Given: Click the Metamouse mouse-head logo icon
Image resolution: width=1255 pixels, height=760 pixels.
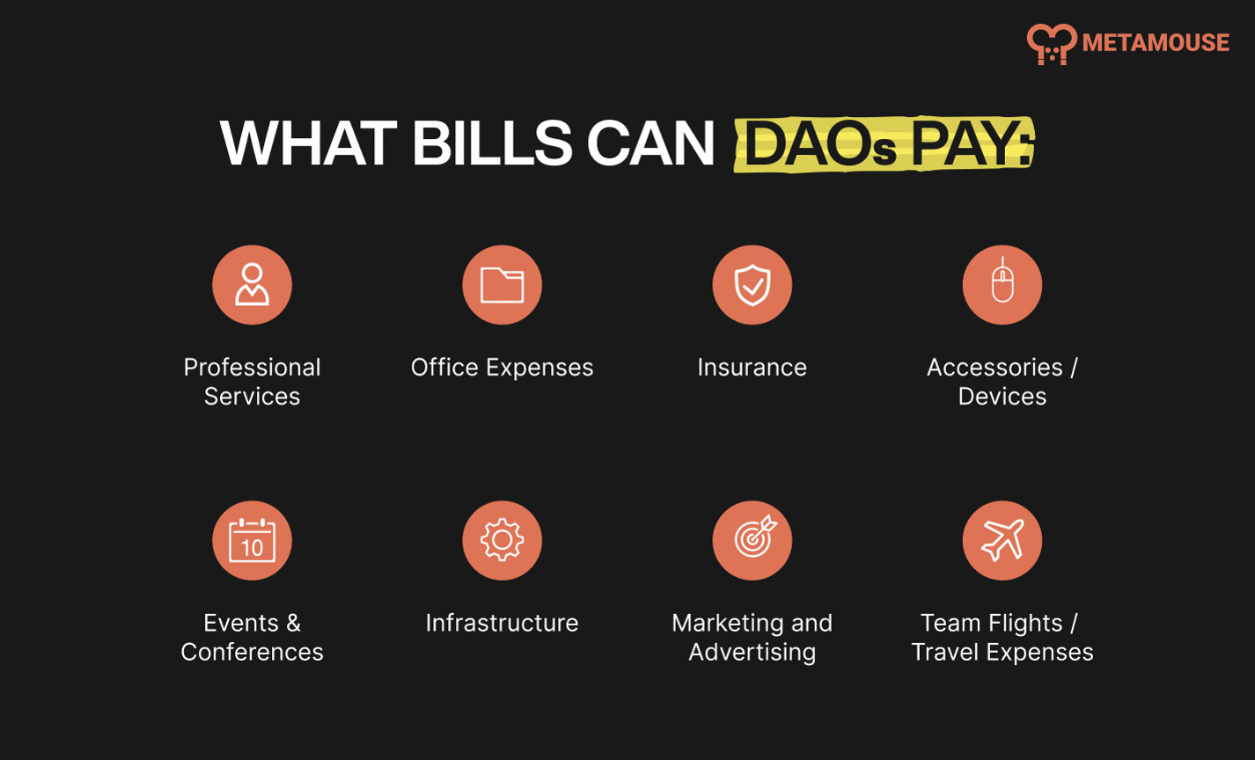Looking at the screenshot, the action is (1051, 44).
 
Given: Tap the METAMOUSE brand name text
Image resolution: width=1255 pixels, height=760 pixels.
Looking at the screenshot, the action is (1156, 42).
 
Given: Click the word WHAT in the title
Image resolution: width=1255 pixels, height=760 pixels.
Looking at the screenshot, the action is (308, 143).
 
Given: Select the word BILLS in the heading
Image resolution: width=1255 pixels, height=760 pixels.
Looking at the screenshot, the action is (492, 143).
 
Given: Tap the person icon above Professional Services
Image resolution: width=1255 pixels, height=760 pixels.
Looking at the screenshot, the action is (252, 284).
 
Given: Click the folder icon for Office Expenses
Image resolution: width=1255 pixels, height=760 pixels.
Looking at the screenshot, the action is (502, 284).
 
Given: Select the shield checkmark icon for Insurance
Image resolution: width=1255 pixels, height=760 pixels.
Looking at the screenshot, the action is (752, 284).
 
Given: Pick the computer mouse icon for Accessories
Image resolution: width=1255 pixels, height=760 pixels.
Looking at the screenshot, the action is (1002, 284).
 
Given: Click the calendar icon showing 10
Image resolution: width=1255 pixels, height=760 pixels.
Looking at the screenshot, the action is (252, 540).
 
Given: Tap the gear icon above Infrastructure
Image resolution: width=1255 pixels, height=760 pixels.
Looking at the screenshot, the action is (502, 540).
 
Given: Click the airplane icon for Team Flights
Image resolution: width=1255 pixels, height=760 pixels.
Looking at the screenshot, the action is (1002, 540).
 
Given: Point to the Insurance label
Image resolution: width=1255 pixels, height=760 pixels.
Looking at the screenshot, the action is (752, 368).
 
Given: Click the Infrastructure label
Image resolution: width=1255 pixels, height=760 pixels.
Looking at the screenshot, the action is (502, 623).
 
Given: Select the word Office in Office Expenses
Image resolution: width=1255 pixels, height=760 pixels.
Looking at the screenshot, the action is (444, 368).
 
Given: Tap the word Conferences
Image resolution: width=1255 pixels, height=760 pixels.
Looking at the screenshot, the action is (252, 652).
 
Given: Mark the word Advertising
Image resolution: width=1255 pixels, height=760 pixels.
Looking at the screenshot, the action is (752, 653).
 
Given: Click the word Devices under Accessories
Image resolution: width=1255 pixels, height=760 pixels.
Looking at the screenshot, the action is (1002, 397).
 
